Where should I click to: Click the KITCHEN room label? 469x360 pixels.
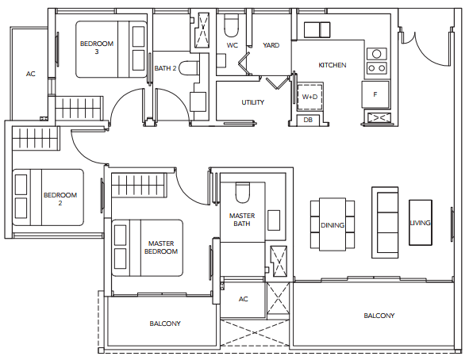point(333,65)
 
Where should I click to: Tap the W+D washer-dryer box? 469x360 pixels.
point(309,97)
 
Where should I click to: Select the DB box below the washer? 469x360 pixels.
point(308,120)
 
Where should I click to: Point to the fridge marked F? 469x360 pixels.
point(375,94)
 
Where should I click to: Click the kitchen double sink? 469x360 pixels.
point(317,29)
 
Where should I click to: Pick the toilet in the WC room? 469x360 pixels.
point(232,26)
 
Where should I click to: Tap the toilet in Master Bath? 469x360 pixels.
point(242,193)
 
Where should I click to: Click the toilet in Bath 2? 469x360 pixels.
point(189,68)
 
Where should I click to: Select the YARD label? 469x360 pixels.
point(271,45)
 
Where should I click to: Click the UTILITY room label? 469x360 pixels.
point(252,102)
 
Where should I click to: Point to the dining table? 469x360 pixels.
point(333,224)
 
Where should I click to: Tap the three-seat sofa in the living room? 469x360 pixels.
point(385,222)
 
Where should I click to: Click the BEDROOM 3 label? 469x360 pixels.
point(97,48)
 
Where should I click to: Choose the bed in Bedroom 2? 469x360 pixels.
point(48,197)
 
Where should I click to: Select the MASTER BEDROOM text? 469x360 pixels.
point(161,247)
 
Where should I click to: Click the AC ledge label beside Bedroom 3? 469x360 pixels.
point(30,74)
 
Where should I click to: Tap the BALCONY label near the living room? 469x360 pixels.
point(379,316)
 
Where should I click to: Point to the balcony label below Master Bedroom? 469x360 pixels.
point(165,324)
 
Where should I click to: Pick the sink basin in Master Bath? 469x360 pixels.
point(274,220)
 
